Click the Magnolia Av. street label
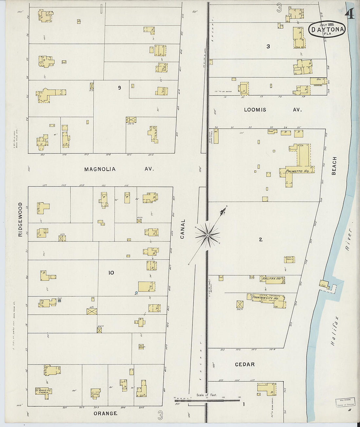118,169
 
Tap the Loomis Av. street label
272,110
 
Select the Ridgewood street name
20,219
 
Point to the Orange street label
105,414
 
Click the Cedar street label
245,365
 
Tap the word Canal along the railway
183,229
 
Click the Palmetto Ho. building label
297,171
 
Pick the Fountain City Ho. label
265,298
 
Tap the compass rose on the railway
207,235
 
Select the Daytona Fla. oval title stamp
327,29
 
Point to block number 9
119,88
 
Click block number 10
111,273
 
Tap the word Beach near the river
334,166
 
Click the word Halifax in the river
334,331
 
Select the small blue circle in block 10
136,293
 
